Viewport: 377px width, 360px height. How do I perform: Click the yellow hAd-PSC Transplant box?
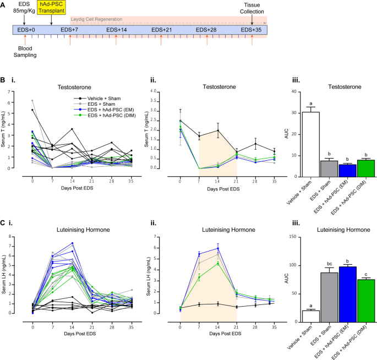pos(51,8)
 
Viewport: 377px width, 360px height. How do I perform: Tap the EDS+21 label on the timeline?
pos(161,29)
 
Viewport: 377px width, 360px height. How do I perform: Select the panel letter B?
pos(3,81)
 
